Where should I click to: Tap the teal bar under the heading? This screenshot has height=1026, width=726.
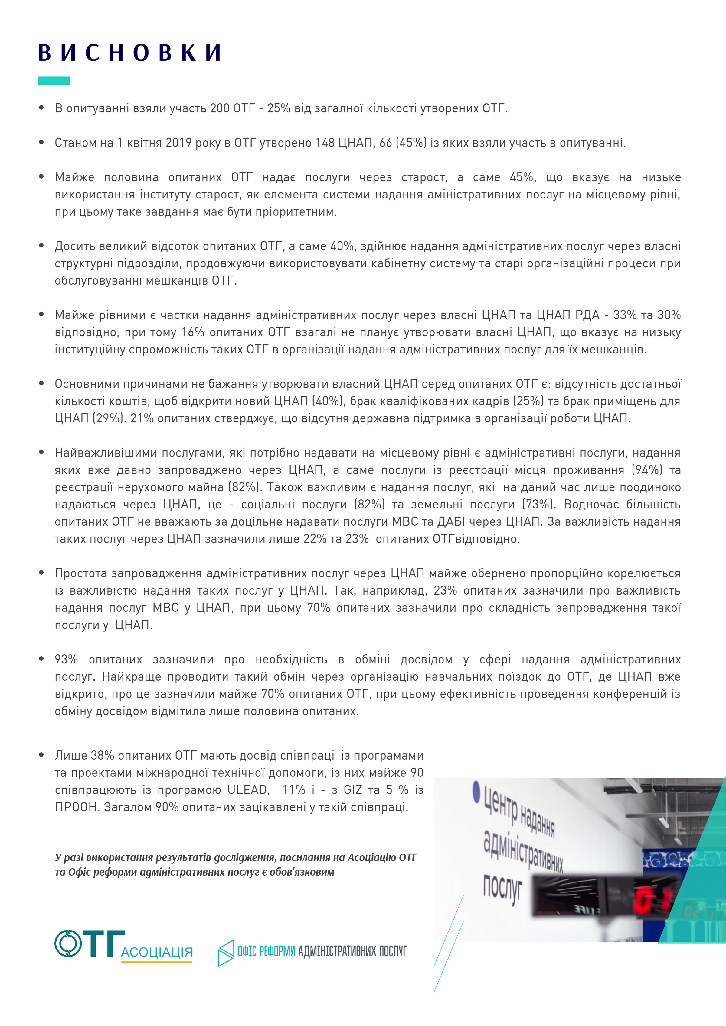tap(54, 80)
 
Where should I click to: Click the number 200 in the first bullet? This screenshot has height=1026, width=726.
tap(220, 108)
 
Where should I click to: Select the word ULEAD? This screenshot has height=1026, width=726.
tap(248, 790)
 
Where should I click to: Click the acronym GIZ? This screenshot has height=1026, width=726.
tap(353, 790)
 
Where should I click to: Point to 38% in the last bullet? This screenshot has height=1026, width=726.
tap(103, 755)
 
